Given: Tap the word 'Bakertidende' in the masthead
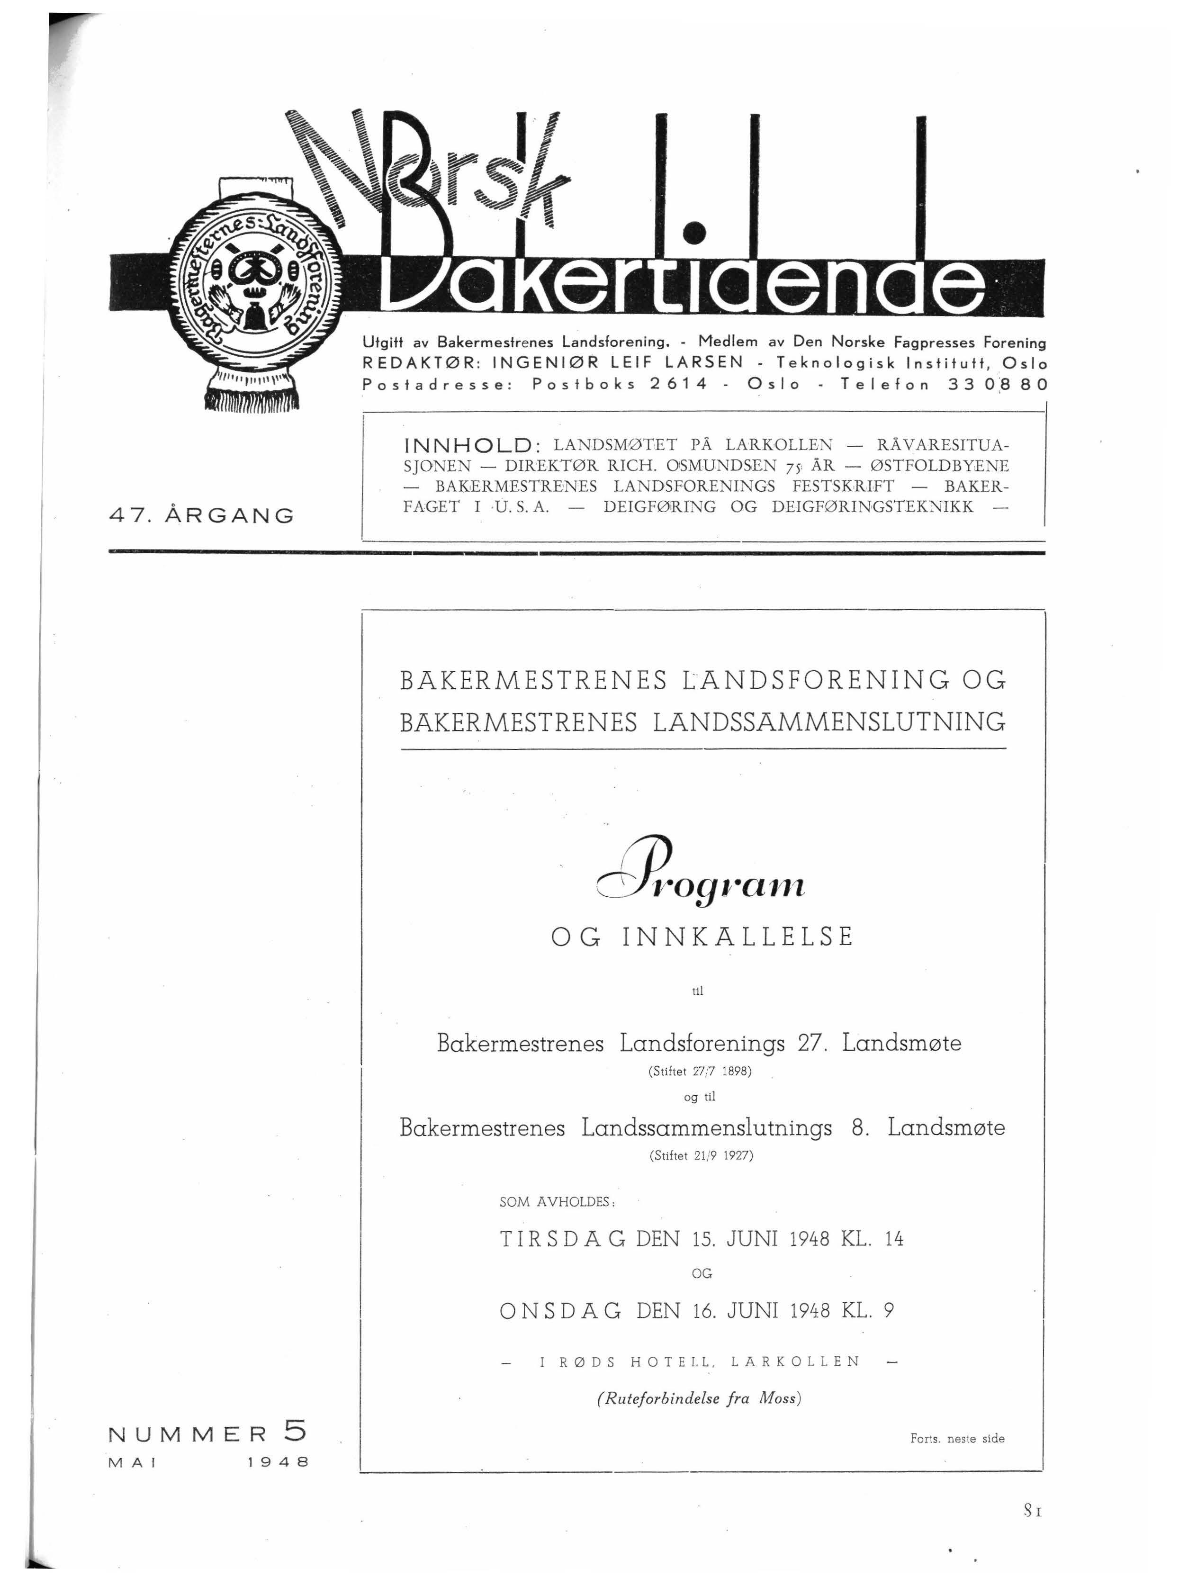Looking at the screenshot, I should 683,284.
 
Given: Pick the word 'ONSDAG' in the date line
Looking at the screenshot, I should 560,1311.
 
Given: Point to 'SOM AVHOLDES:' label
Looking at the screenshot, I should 557,1202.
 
